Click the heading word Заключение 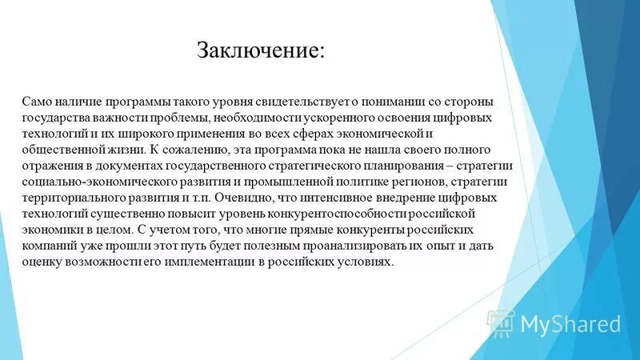261,50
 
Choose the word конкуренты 354,230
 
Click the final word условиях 367,262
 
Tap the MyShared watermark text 570,323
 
